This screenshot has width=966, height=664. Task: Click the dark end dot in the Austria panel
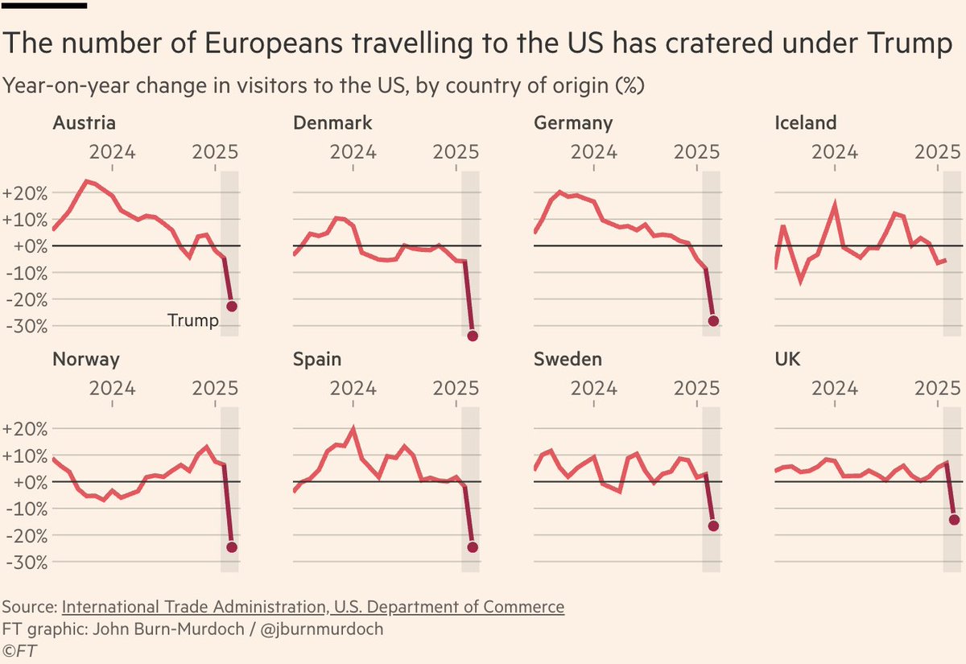[x=232, y=307]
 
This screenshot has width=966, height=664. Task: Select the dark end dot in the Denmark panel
[x=473, y=336]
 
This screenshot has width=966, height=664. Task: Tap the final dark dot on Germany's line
[x=712, y=321]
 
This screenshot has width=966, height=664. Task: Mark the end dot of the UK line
[x=954, y=520]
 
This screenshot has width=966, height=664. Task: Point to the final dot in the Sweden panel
[x=712, y=526]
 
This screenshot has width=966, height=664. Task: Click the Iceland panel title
[x=805, y=123]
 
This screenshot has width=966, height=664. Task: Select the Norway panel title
[x=86, y=359]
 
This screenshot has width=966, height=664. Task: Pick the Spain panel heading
[x=317, y=359]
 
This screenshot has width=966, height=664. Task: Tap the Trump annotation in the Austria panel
[x=193, y=321]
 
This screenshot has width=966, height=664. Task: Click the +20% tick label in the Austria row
[x=26, y=193]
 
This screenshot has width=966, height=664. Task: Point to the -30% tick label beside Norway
[x=26, y=562]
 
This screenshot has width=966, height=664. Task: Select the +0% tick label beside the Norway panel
[x=26, y=482]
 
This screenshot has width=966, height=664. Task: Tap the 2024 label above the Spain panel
[x=353, y=387]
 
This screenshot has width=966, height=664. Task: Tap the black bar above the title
[x=45, y=6]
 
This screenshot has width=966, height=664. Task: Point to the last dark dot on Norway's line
[x=232, y=547]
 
